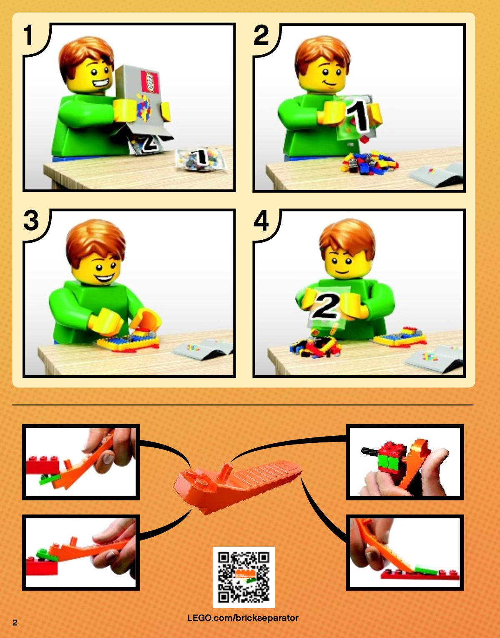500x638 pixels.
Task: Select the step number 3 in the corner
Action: (x=31, y=220)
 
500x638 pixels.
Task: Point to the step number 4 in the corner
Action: (x=261, y=220)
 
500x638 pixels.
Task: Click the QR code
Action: (x=244, y=577)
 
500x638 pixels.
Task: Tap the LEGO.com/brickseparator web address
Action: (x=243, y=618)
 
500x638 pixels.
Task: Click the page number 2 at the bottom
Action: (x=15, y=623)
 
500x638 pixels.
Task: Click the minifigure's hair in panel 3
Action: (x=95, y=241)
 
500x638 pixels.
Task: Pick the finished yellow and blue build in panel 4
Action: (x=400, y=337)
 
